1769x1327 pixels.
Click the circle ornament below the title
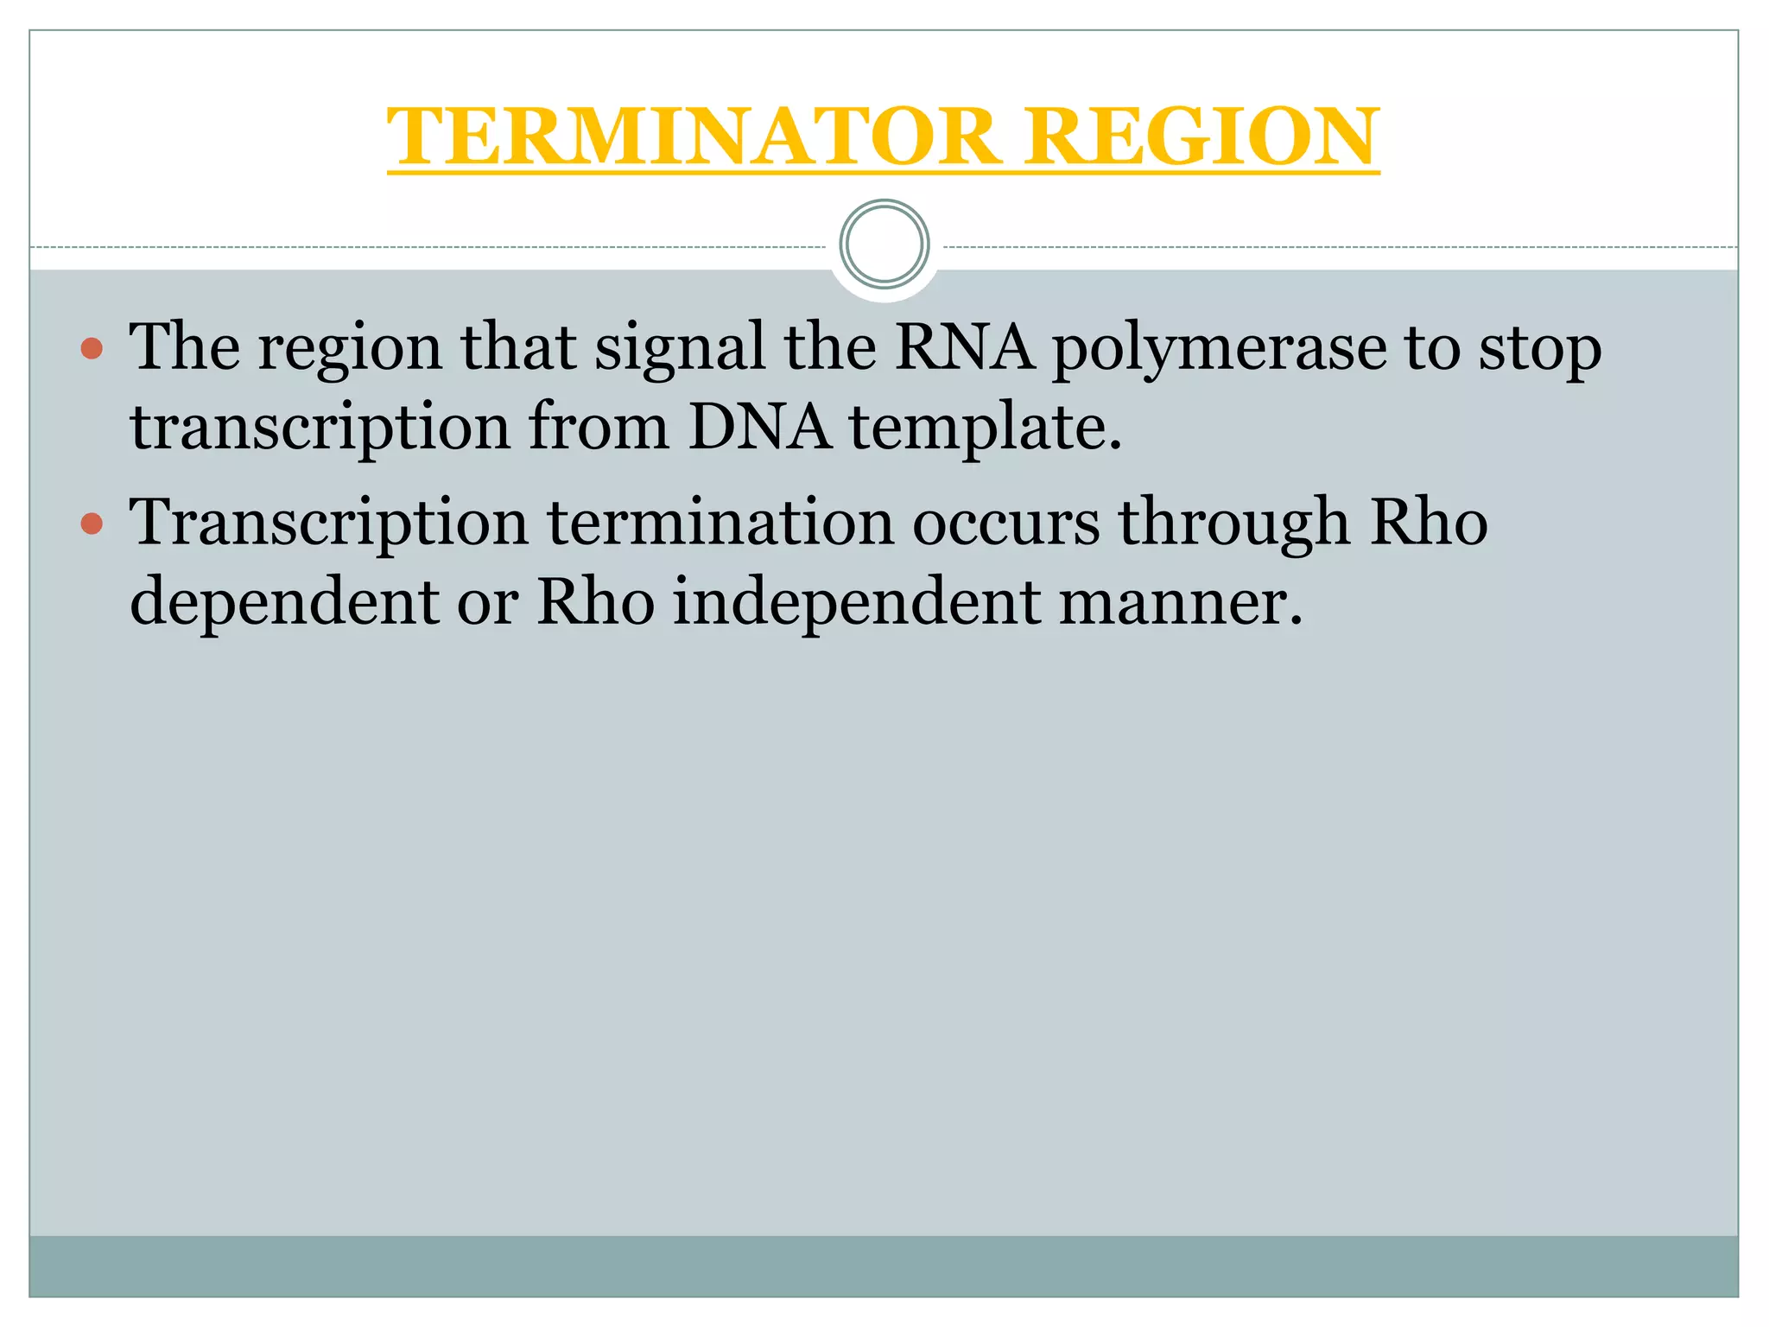click(x=884, y=244)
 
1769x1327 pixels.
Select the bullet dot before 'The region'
click(x=92, y=349)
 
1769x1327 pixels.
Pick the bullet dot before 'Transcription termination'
click(x=92, y=524)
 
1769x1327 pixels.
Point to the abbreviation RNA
click(x=964, y=346)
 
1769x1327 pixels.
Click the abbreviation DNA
click(x=759, y=427)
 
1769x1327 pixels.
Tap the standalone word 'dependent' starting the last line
click(x=283, y=603)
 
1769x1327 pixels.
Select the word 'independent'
click(x=856, y=603)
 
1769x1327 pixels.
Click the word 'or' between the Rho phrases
click(x=487, y=603)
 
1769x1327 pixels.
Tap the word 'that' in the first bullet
click(x=517, y=346)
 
